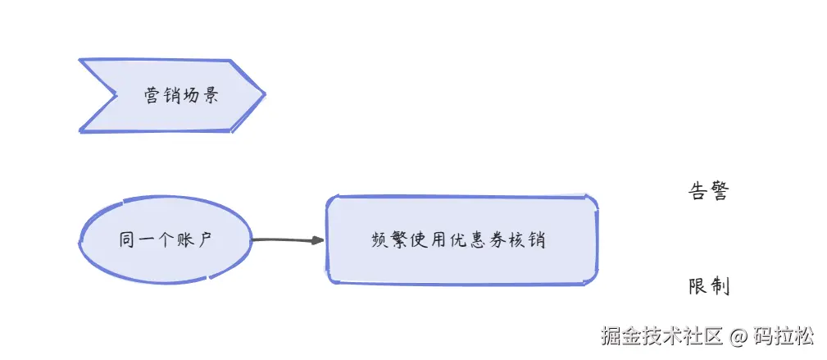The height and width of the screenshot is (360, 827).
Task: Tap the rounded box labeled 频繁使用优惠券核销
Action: [x=461, y=240]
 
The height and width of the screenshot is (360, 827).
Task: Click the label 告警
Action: [x=707, y=192]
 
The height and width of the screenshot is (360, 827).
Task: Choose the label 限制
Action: [x=708, y=287]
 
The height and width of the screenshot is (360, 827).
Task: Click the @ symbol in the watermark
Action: [x=738, y=336]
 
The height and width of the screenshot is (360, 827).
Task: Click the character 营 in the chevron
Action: [x=152, y=96]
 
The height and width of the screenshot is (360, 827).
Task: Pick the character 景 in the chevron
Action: [x=210, y=96]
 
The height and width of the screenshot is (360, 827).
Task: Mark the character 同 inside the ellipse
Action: [x=126, y=240]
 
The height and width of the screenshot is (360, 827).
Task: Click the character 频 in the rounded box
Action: [x=379, y=241]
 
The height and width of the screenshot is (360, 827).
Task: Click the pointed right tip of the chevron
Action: [x=263, y=95]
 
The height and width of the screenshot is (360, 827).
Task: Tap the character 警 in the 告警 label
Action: [x=719, y=192]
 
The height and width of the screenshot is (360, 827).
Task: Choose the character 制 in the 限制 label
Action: [x=720, y=287]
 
